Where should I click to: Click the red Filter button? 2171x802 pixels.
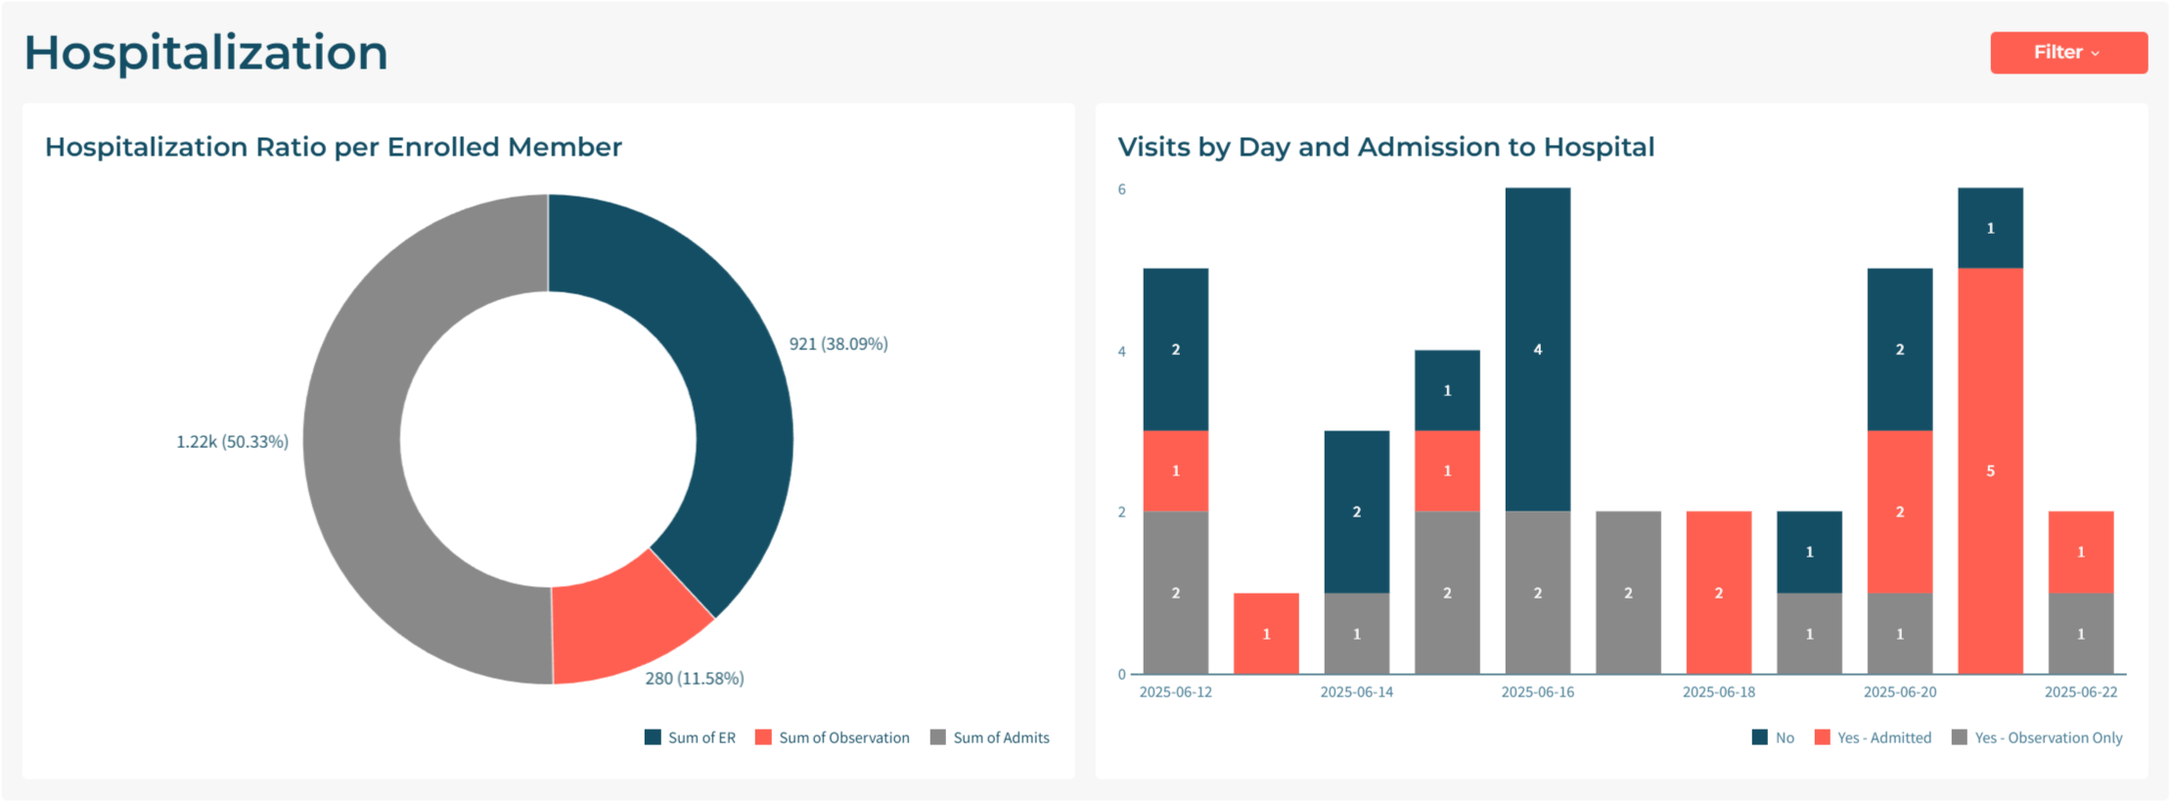(2067, 53)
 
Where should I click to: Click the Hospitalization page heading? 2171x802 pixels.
(205, 53)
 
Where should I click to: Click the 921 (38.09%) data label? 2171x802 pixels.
(838, 344)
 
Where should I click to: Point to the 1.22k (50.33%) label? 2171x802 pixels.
(232, 442)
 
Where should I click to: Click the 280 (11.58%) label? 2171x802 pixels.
(695, 679)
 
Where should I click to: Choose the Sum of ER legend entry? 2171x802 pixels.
(690, 737)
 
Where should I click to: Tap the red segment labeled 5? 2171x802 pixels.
(1990, 470)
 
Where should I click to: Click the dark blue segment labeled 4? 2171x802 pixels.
(1537, 349)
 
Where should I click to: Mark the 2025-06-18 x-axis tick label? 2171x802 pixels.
(1718, 692)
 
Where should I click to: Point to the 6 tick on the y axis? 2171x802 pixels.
(1121, 190)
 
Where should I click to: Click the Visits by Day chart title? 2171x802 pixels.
(1385, 147)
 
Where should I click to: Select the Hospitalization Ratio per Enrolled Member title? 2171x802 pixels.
(333, 147)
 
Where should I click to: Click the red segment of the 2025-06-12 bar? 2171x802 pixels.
(1175, 470)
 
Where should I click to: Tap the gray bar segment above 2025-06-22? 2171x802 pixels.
(2080, 634)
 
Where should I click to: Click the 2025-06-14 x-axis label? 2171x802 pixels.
(1356, 692)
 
